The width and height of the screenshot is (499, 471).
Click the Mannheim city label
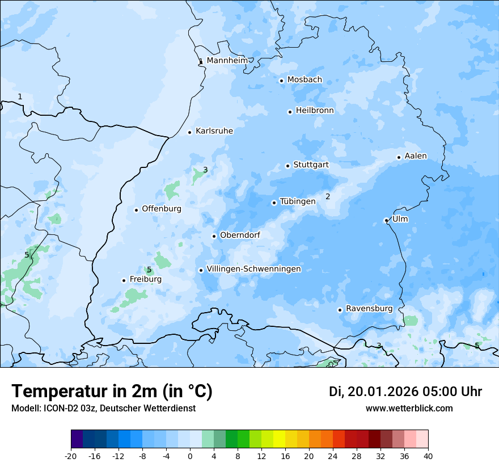(227, 61)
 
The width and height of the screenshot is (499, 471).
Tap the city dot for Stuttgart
(287, 166)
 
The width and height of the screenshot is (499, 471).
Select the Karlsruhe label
(214, 131)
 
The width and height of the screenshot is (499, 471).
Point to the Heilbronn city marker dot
(290, 112)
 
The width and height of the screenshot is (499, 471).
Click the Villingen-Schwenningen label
(253, 269)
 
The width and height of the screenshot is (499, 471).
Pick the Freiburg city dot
(124, 280)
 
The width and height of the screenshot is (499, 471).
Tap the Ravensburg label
(369, 309)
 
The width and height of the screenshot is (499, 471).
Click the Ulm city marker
(386, 220)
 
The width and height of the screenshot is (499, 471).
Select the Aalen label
(416, 156)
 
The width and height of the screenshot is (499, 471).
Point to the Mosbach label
(305, 80)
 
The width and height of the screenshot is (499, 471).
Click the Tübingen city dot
(274, 203)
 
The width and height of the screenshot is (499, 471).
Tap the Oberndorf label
(240, 235)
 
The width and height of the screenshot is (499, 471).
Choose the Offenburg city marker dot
(136, 210)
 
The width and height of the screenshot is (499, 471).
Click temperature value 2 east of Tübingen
(328, 197)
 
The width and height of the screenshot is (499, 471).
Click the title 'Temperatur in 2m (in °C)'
(112, 392)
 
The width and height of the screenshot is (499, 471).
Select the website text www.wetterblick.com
(409, 409)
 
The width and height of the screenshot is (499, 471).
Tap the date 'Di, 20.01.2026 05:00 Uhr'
(405, 392)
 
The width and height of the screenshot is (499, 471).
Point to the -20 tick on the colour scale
(71, 456)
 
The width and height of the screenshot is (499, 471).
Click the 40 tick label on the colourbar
(428, 456)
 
